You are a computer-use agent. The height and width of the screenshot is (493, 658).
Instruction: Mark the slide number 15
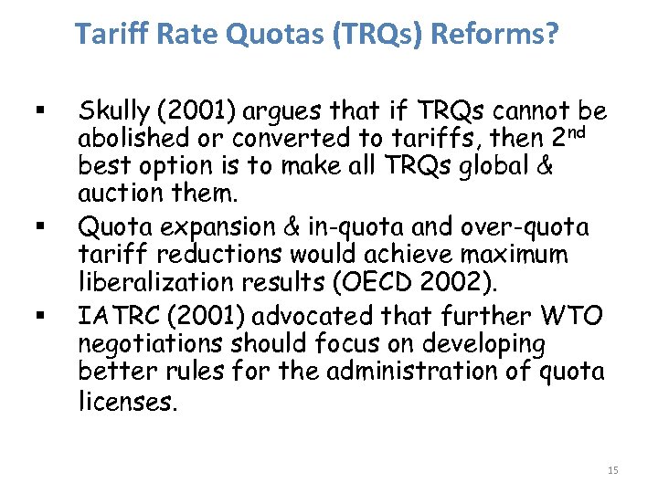pyautogui.click(x=612, y=470)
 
